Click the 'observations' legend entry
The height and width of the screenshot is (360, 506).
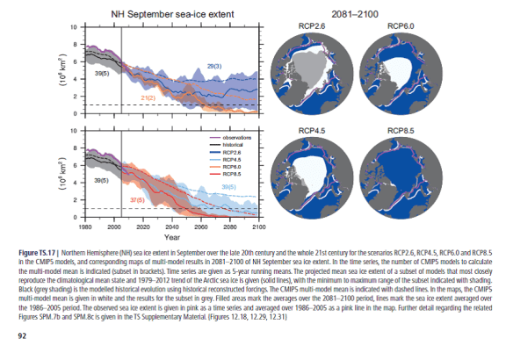[x=230, y=137]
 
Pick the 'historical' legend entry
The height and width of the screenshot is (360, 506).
[x=227, y=144]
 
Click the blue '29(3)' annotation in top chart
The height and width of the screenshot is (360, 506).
[x=213, y=67]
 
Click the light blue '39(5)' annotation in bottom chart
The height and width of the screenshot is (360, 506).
[x=228, y=187]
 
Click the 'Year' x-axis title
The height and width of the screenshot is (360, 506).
[x=172, y=237]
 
